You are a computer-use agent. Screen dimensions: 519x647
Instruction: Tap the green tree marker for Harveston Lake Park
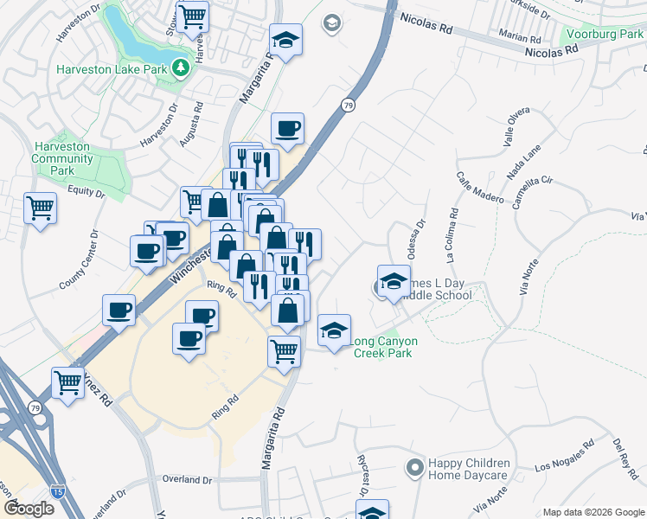tap(181, 67)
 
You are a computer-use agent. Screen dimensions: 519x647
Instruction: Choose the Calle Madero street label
tap(479, 189)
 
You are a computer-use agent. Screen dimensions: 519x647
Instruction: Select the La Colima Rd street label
tap(450, 235)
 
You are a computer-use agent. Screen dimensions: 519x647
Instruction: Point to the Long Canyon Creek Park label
tap(381, 346)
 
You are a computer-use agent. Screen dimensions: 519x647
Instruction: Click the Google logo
tap(28, 509)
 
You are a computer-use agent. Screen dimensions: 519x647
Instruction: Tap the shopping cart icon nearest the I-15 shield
tap(67, 383)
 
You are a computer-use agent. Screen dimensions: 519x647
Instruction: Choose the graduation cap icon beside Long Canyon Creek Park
tap(334, 330)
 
